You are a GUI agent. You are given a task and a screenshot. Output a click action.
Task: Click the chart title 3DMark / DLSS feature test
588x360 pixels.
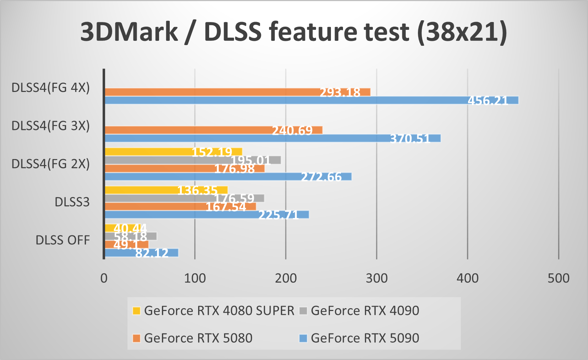point(294,32)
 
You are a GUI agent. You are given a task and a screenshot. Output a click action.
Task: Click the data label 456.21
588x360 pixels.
point(488,101)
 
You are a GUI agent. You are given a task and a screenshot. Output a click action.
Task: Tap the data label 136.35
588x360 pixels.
point(197,191)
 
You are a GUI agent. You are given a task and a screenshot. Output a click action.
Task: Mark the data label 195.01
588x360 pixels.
point(251,160)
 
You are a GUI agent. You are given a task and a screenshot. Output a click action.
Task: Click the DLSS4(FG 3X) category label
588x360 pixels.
point(50,126)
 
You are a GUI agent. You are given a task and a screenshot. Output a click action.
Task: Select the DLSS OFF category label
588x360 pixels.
point(62,240)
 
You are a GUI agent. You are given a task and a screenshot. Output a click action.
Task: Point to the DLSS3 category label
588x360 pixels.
point(72,202)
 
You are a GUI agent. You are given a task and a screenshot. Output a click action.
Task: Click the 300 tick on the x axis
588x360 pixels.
point(377,278)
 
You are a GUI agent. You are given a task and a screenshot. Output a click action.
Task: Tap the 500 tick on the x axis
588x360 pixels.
point(558,278)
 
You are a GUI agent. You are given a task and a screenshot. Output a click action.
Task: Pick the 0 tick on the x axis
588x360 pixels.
point(104,278)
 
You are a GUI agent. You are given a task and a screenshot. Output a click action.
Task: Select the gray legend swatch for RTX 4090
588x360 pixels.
point(303,311)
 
